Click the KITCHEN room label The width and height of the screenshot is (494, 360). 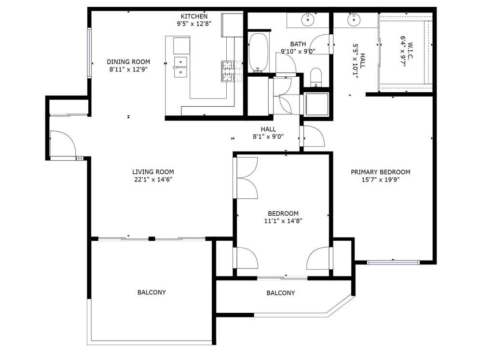point(194,16)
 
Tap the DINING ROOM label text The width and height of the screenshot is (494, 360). point(128,62)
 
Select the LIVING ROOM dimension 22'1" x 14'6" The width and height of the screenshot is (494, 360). point(153,180)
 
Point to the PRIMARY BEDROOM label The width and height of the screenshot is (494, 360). point(381,172)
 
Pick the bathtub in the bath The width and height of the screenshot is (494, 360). point(259,53)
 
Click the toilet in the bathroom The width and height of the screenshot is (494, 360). point(316,77)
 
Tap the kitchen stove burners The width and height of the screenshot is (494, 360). point(233,71)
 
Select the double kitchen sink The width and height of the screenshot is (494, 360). point(180,67)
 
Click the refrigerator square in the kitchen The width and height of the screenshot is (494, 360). point(232,25)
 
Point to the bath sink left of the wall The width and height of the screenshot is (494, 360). point(307,20)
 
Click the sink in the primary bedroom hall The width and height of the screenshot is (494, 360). point(354,20)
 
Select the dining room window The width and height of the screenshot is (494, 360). point(89,53)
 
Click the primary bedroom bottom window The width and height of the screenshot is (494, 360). point(393,262)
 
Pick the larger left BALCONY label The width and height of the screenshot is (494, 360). point(151,292)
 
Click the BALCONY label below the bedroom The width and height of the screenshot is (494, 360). point(281,293)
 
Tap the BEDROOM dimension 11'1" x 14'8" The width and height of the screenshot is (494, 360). point(283,221)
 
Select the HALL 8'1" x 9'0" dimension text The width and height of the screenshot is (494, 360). point(268,137)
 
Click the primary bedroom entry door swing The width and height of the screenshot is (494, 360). point(314,136)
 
